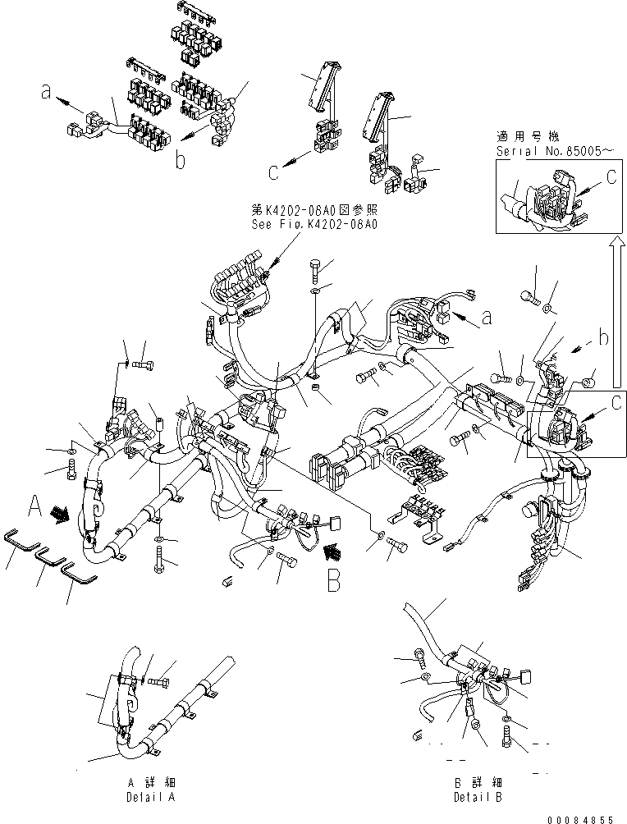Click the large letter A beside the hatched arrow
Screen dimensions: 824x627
click(34, 504)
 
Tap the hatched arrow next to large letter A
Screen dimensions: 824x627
click(59, 514)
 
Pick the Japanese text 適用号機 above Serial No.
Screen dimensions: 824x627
click(525, 137)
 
